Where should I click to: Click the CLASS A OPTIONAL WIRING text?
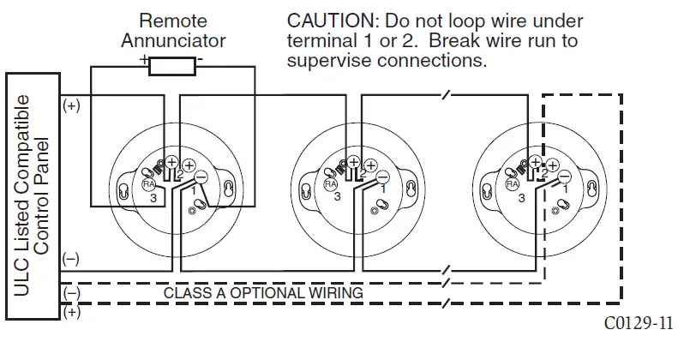[x=263, y=293]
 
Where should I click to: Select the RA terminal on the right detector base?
[x=512, y=183]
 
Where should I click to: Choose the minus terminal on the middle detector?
[x=383, y=177]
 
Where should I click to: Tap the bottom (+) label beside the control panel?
[x=70, y=313]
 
